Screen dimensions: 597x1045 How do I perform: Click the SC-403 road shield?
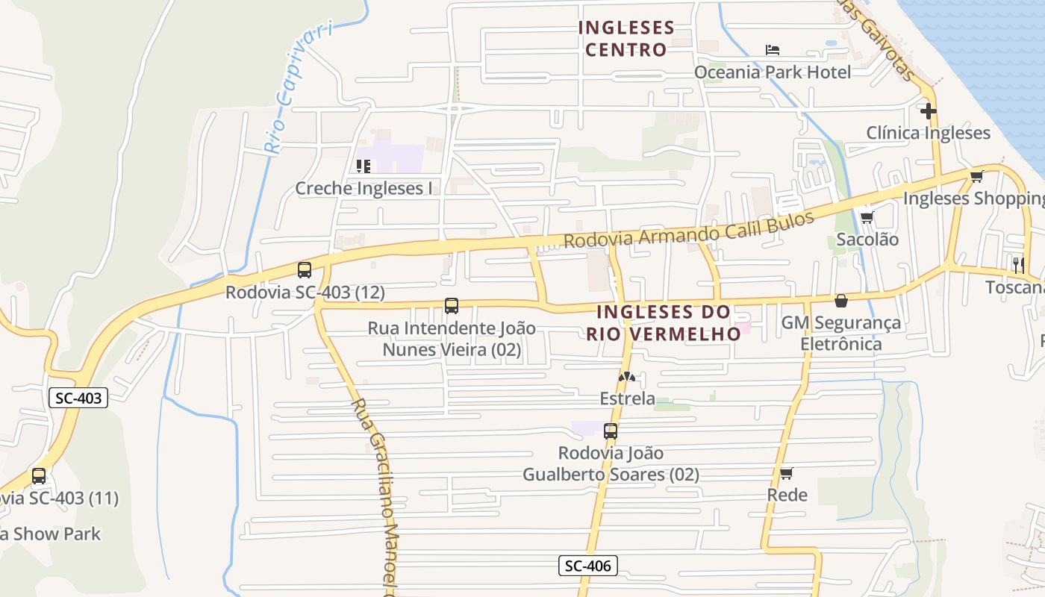(x=79, y=398)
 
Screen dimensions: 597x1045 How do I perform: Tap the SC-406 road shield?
(x=588, y=566)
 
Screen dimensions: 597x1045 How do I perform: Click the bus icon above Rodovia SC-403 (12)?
(x=305, y=270)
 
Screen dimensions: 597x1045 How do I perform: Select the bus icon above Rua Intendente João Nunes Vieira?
(x=452, y=306)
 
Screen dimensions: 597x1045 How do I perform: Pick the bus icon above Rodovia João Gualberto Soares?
(x=611, y=431)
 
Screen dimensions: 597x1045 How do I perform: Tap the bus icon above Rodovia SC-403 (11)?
(x=39, y=476)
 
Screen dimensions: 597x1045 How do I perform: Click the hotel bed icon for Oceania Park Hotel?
(x=773, y=50)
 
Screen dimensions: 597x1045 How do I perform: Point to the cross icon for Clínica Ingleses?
(x=929, y=112)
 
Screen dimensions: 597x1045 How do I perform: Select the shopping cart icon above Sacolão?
(x=867, y=218)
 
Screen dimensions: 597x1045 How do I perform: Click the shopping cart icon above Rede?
(x=787, y=473)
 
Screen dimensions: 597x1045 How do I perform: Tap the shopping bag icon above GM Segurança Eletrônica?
(x=841, y=301)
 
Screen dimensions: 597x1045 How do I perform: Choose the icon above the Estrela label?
(x=627, y=378)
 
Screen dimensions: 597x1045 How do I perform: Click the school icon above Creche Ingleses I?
(x=364, y=166)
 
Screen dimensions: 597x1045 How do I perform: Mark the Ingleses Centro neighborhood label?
(x=626, y=39)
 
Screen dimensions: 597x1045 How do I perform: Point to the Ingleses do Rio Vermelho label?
(x=664, y=322)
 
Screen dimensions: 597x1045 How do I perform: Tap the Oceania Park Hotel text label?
(x=773, y=72)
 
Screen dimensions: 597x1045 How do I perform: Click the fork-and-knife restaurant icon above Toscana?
(x=1018, y=264)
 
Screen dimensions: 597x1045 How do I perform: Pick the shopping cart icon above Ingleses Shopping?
(x=976, y=177)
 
